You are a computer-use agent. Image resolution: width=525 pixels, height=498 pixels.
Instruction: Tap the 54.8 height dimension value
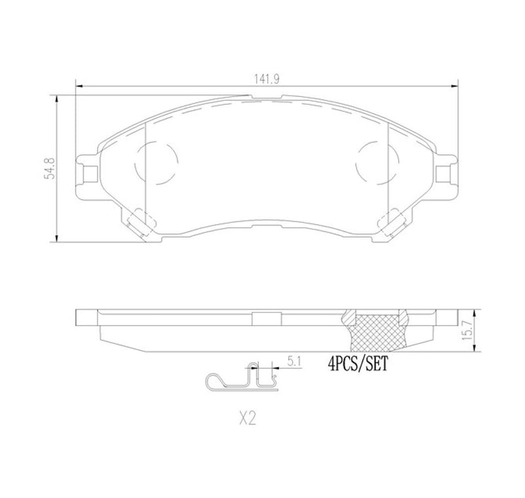click(x=48, y=169)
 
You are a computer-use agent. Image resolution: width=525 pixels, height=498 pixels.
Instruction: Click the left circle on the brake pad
click(x=156, y=164)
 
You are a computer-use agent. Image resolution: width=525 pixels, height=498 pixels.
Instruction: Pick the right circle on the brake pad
click(x=377, y=164)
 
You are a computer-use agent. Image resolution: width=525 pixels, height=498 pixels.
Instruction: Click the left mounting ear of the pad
click(x=87, y=172)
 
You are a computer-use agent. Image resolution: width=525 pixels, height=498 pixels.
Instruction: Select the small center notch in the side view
click(x=266, y=319)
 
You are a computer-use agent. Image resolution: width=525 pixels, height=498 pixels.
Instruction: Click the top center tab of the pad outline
click(x=267, y=100)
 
